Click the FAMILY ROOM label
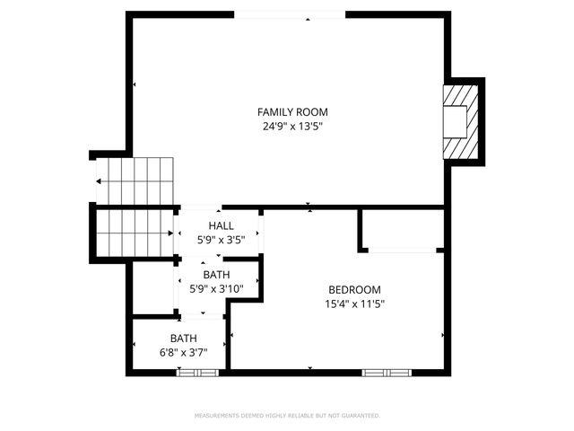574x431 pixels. point(292,112)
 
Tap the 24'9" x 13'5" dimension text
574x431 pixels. point(292,127)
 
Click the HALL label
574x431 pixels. point(221,225)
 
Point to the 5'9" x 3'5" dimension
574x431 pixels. point(221,240)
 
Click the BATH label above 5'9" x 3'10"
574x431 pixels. point(215,275)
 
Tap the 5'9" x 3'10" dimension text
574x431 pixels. point(215,289)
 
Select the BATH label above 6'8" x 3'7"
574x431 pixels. point(184,339)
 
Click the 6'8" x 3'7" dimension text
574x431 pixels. point(184,353)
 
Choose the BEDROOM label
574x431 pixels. point(354,290)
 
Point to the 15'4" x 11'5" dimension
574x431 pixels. point(354,304)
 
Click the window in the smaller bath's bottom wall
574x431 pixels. point(197,372)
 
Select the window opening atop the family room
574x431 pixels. point(290,14)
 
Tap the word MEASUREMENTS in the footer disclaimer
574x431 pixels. point(218,416)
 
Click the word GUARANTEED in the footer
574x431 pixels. point(359,416)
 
